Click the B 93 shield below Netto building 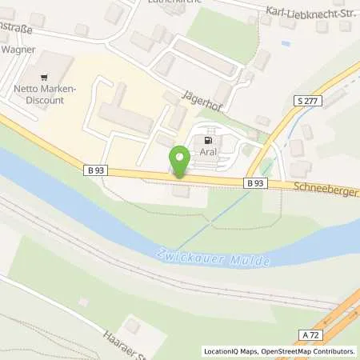click(x=94, y=170)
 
